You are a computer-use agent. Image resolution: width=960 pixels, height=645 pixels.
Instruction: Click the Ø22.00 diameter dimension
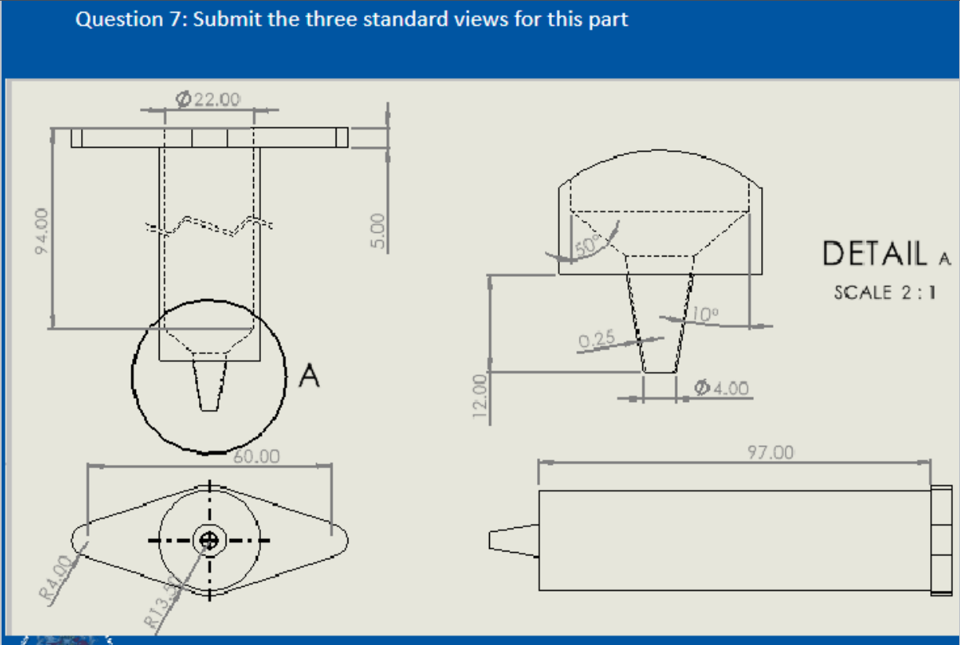pos(208,99)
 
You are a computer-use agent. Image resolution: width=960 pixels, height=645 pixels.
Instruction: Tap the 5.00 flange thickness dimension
pos(379,230)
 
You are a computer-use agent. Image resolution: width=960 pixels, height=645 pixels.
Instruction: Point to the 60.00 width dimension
pos(256,455)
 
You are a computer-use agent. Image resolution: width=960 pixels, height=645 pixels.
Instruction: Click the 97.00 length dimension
pos(771,452)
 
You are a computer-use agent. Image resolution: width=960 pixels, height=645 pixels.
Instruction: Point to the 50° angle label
pos(587,244)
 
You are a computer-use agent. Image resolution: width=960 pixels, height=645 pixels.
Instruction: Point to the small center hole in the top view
pos(209,540)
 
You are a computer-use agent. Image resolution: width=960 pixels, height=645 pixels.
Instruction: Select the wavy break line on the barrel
pos(208,226)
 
